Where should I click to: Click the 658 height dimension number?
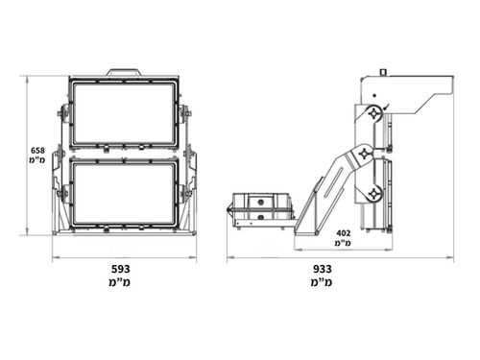pyautogui.click(x=37, y=151)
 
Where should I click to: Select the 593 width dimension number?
pyautogui.click(x=121, y=269)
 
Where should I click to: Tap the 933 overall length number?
pyautogui.click(x=323, y=269)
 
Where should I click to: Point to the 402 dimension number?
pyautogui.click(x=344, y=233)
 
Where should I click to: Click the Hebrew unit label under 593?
pyautogui.click(x=119, y=282)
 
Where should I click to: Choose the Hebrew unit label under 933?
pyautogui.click(x=322, y=282)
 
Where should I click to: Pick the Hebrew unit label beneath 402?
pyautogui.click(x=343, y=243)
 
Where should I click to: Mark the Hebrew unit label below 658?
pyautogui.click(x=37, y=160)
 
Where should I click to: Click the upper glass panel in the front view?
pyautogui.click(x=123, y=113)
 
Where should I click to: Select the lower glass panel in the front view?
pyautogui.click(x=123, y=193)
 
